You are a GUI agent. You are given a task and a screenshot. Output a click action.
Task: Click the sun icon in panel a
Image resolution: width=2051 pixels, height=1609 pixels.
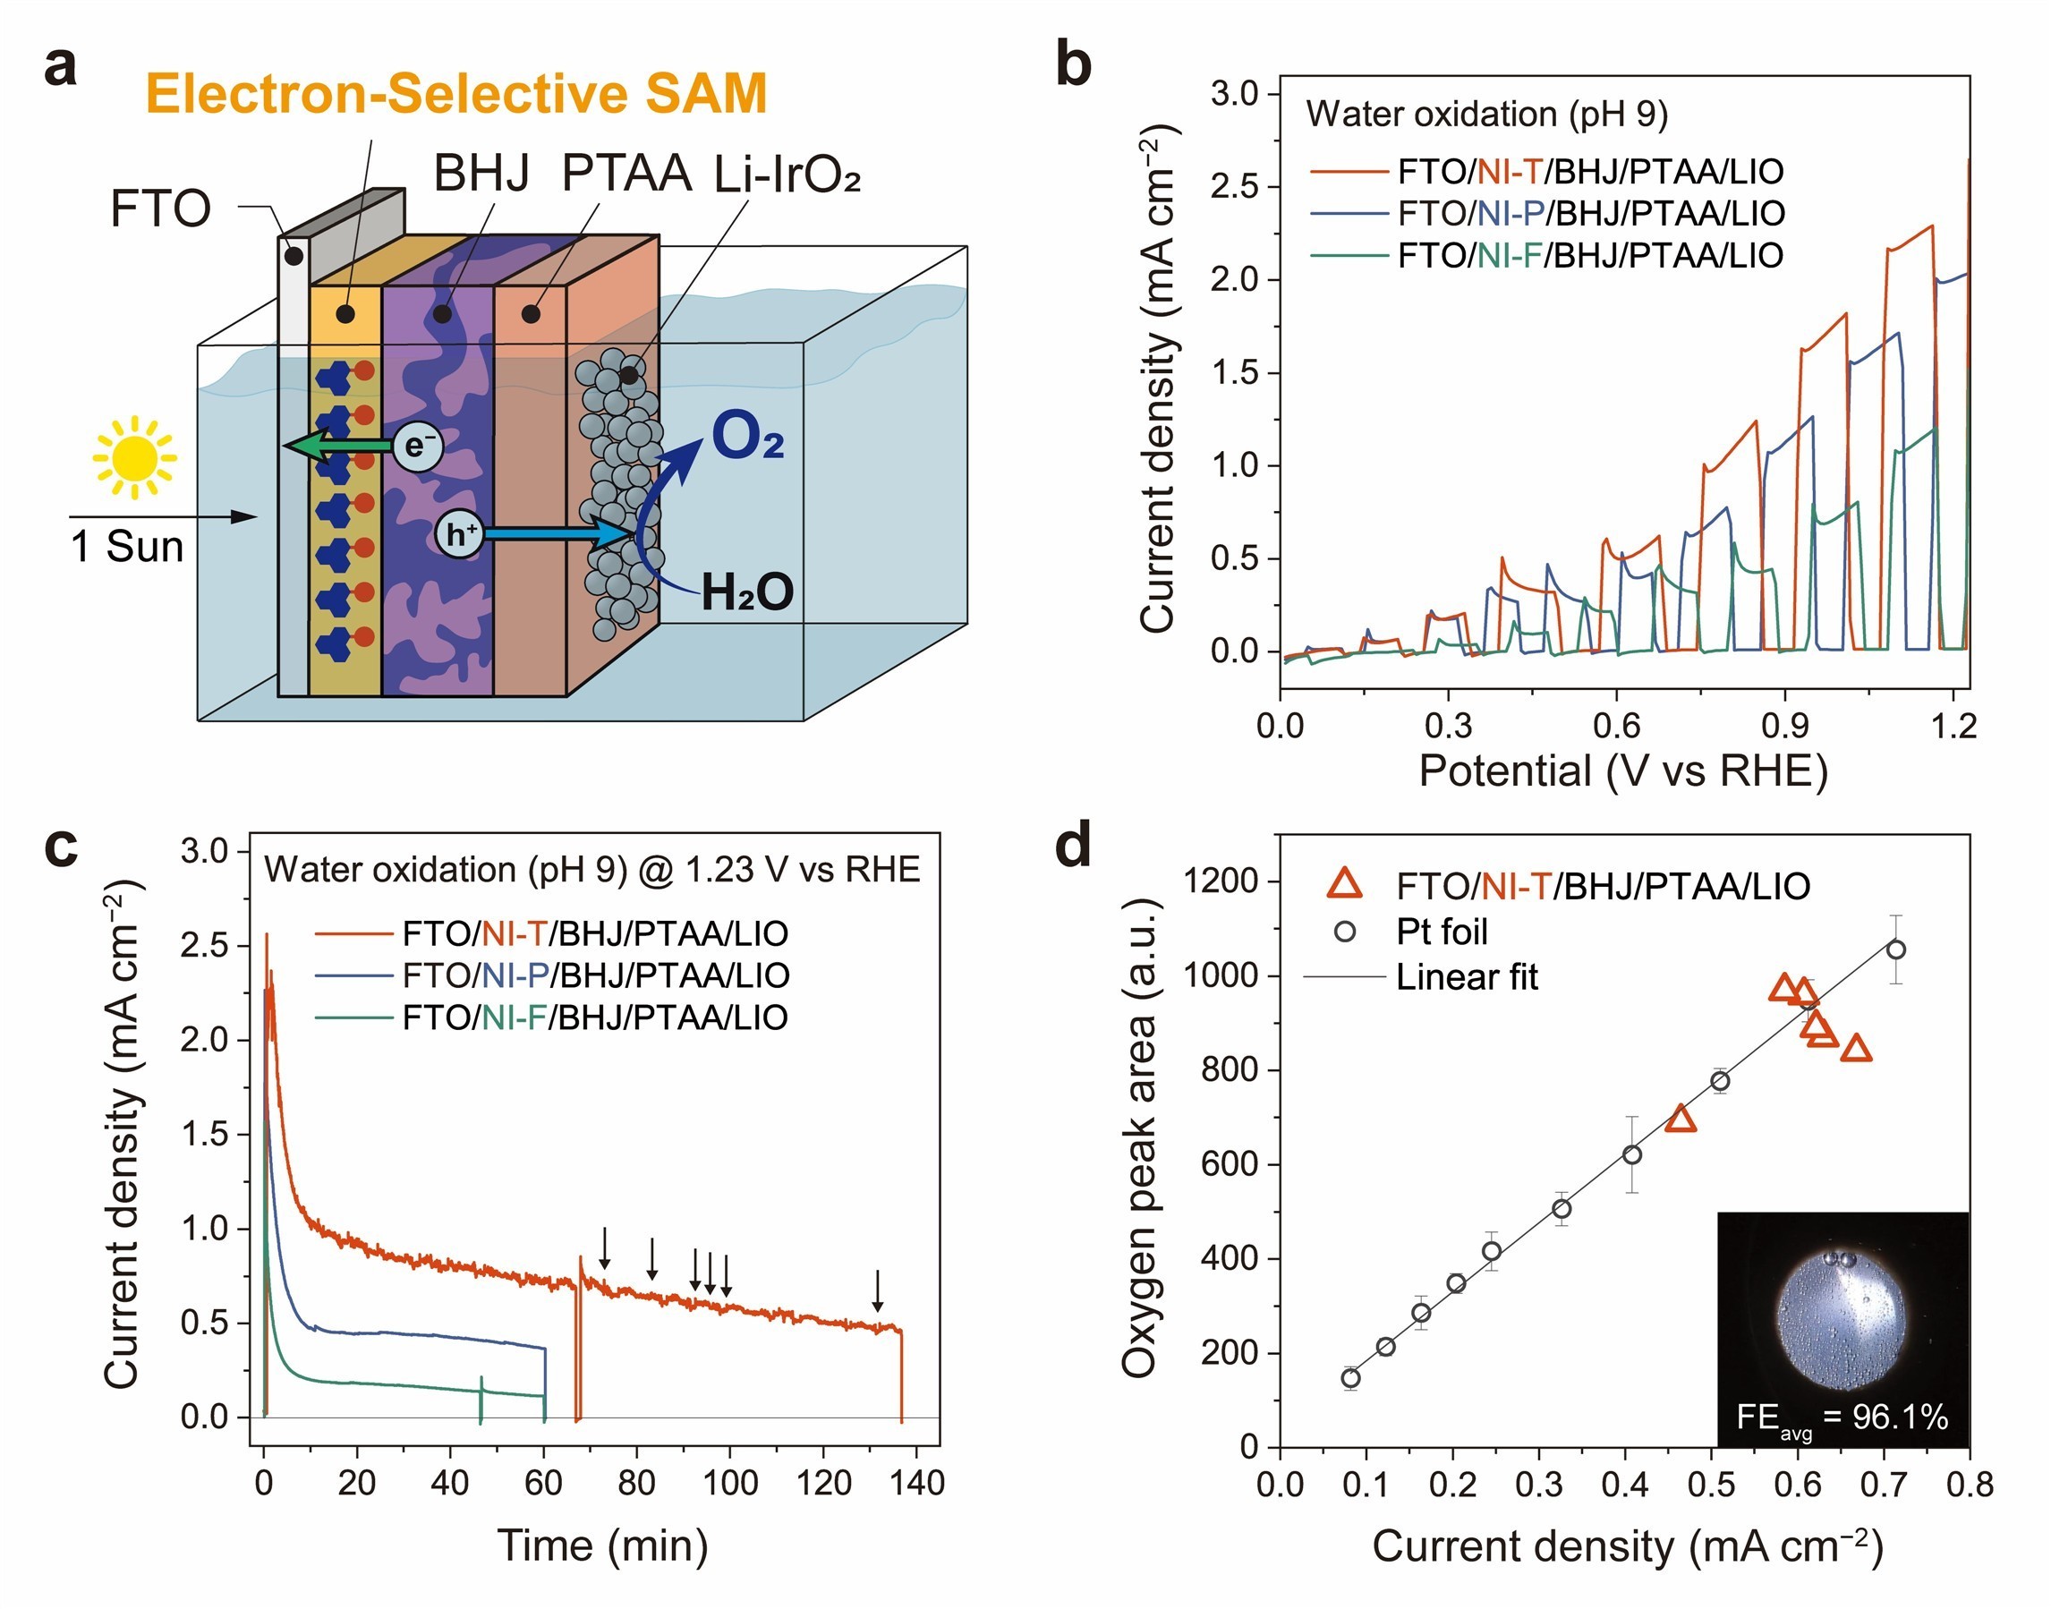click(134, 458)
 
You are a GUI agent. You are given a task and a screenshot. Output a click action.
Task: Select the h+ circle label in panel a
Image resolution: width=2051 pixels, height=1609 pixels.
click(460, 534)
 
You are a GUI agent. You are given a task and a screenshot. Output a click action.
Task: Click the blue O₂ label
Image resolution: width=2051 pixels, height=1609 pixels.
click(747, 436)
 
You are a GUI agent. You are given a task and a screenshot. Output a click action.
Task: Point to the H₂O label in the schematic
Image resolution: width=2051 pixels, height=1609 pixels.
click(746, 592)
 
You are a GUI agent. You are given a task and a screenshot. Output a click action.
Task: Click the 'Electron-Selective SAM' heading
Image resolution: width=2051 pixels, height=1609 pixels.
click(456, 93)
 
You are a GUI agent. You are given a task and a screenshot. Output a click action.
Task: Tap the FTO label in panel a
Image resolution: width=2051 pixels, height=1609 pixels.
click(160, 209)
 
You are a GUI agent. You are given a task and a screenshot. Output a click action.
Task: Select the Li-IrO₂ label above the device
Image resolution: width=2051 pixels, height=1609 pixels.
click(787, 175)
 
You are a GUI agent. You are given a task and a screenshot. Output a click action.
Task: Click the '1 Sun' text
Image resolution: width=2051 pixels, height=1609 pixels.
click(127, 547)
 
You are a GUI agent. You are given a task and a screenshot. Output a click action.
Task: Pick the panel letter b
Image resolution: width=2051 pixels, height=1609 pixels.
click(1073, 64)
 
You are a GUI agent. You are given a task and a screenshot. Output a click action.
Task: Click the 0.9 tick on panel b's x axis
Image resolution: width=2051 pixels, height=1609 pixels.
click(1784, 726)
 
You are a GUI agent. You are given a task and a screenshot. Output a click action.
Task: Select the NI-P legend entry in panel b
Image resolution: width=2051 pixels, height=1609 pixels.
click(1590, 214)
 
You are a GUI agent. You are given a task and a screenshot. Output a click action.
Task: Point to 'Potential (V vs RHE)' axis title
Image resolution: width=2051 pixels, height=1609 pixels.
click(1622, 770)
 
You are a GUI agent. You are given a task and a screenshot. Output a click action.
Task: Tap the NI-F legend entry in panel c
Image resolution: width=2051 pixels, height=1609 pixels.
click(594, 1017)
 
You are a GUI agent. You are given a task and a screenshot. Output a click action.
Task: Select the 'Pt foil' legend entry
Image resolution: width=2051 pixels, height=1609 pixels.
click(1442, 932)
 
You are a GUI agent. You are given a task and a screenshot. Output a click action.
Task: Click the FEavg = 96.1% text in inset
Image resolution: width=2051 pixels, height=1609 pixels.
click(1841, 1417)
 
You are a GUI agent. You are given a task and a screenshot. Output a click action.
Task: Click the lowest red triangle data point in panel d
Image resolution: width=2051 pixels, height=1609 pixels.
click(1680, 1119)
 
